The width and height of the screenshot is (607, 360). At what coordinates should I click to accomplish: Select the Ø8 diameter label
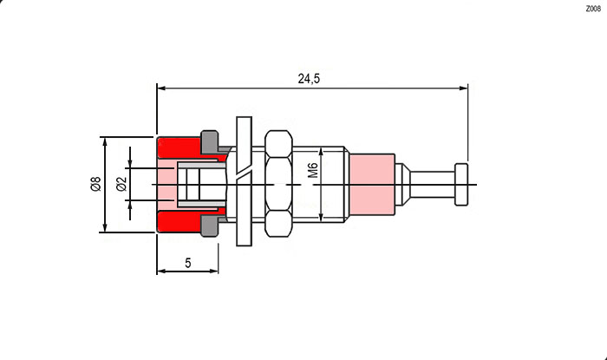tap(95, 185)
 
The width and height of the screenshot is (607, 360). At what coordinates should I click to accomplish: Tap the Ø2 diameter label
tap(121, 184)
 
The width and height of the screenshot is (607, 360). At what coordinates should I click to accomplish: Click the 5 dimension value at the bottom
tap(188, 263)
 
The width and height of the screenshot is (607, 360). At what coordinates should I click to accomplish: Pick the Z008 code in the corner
tap(591, 10)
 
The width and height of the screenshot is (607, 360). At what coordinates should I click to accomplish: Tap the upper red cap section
tap(179, 147)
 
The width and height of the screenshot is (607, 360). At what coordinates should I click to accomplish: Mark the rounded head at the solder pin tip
tap(463, 185)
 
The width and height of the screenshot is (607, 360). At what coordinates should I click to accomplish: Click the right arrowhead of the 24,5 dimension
tap(463, 87)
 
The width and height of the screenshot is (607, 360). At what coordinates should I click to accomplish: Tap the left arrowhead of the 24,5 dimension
tap(161, 87)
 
